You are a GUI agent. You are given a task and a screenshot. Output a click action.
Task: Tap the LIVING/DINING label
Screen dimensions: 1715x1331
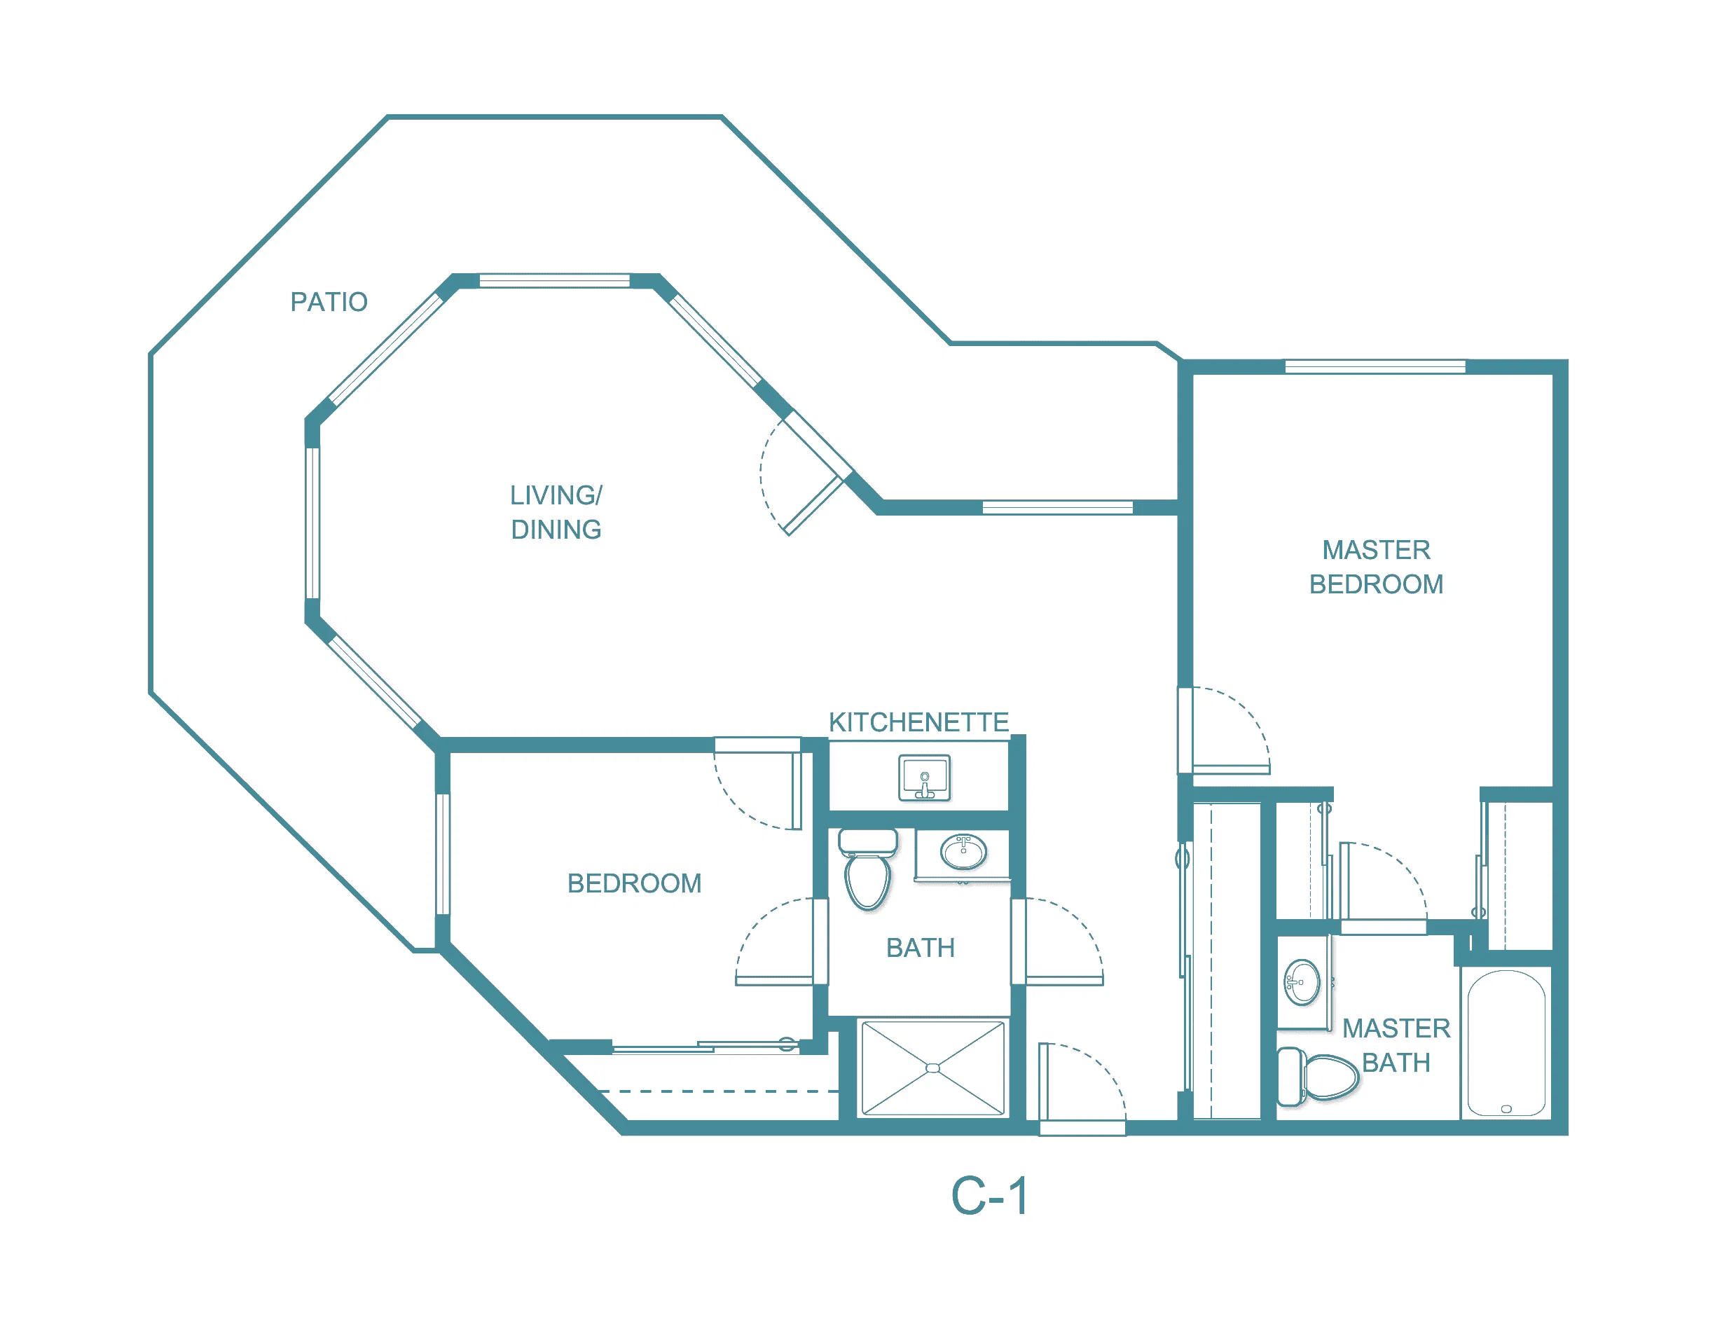tap(556, 512)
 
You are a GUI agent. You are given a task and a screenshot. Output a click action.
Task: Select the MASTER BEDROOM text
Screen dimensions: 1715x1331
tap(1376, 567)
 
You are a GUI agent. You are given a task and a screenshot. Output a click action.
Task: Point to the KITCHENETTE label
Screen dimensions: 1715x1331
tap(918, 722)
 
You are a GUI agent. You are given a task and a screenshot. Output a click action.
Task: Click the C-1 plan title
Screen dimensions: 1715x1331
tap(989, 1196)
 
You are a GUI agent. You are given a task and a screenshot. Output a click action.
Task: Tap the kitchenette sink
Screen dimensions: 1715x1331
tap(924, 778)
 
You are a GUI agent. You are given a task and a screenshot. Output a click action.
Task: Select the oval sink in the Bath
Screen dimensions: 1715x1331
tap(963, 852)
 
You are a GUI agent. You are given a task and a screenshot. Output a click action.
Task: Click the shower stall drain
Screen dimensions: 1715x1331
tap(933, 1068)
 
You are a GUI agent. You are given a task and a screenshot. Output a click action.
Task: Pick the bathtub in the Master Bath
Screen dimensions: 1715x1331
tap(1506, 1043)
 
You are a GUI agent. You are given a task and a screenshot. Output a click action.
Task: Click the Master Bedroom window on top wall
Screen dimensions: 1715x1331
tap(1375, 366)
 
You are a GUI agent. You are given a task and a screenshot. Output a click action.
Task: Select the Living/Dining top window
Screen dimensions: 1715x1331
tap(554, 281)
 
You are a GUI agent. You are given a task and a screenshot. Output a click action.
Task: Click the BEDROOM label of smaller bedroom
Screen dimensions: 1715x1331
tap(635, 883)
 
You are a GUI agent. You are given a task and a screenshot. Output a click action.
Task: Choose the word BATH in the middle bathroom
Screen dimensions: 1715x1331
tap(921, 948)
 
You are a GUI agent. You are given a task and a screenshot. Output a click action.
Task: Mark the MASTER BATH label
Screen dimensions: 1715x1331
tap(1396, 1045)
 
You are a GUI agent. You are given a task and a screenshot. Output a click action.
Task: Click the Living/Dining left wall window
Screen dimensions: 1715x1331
tap(312, 524)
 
